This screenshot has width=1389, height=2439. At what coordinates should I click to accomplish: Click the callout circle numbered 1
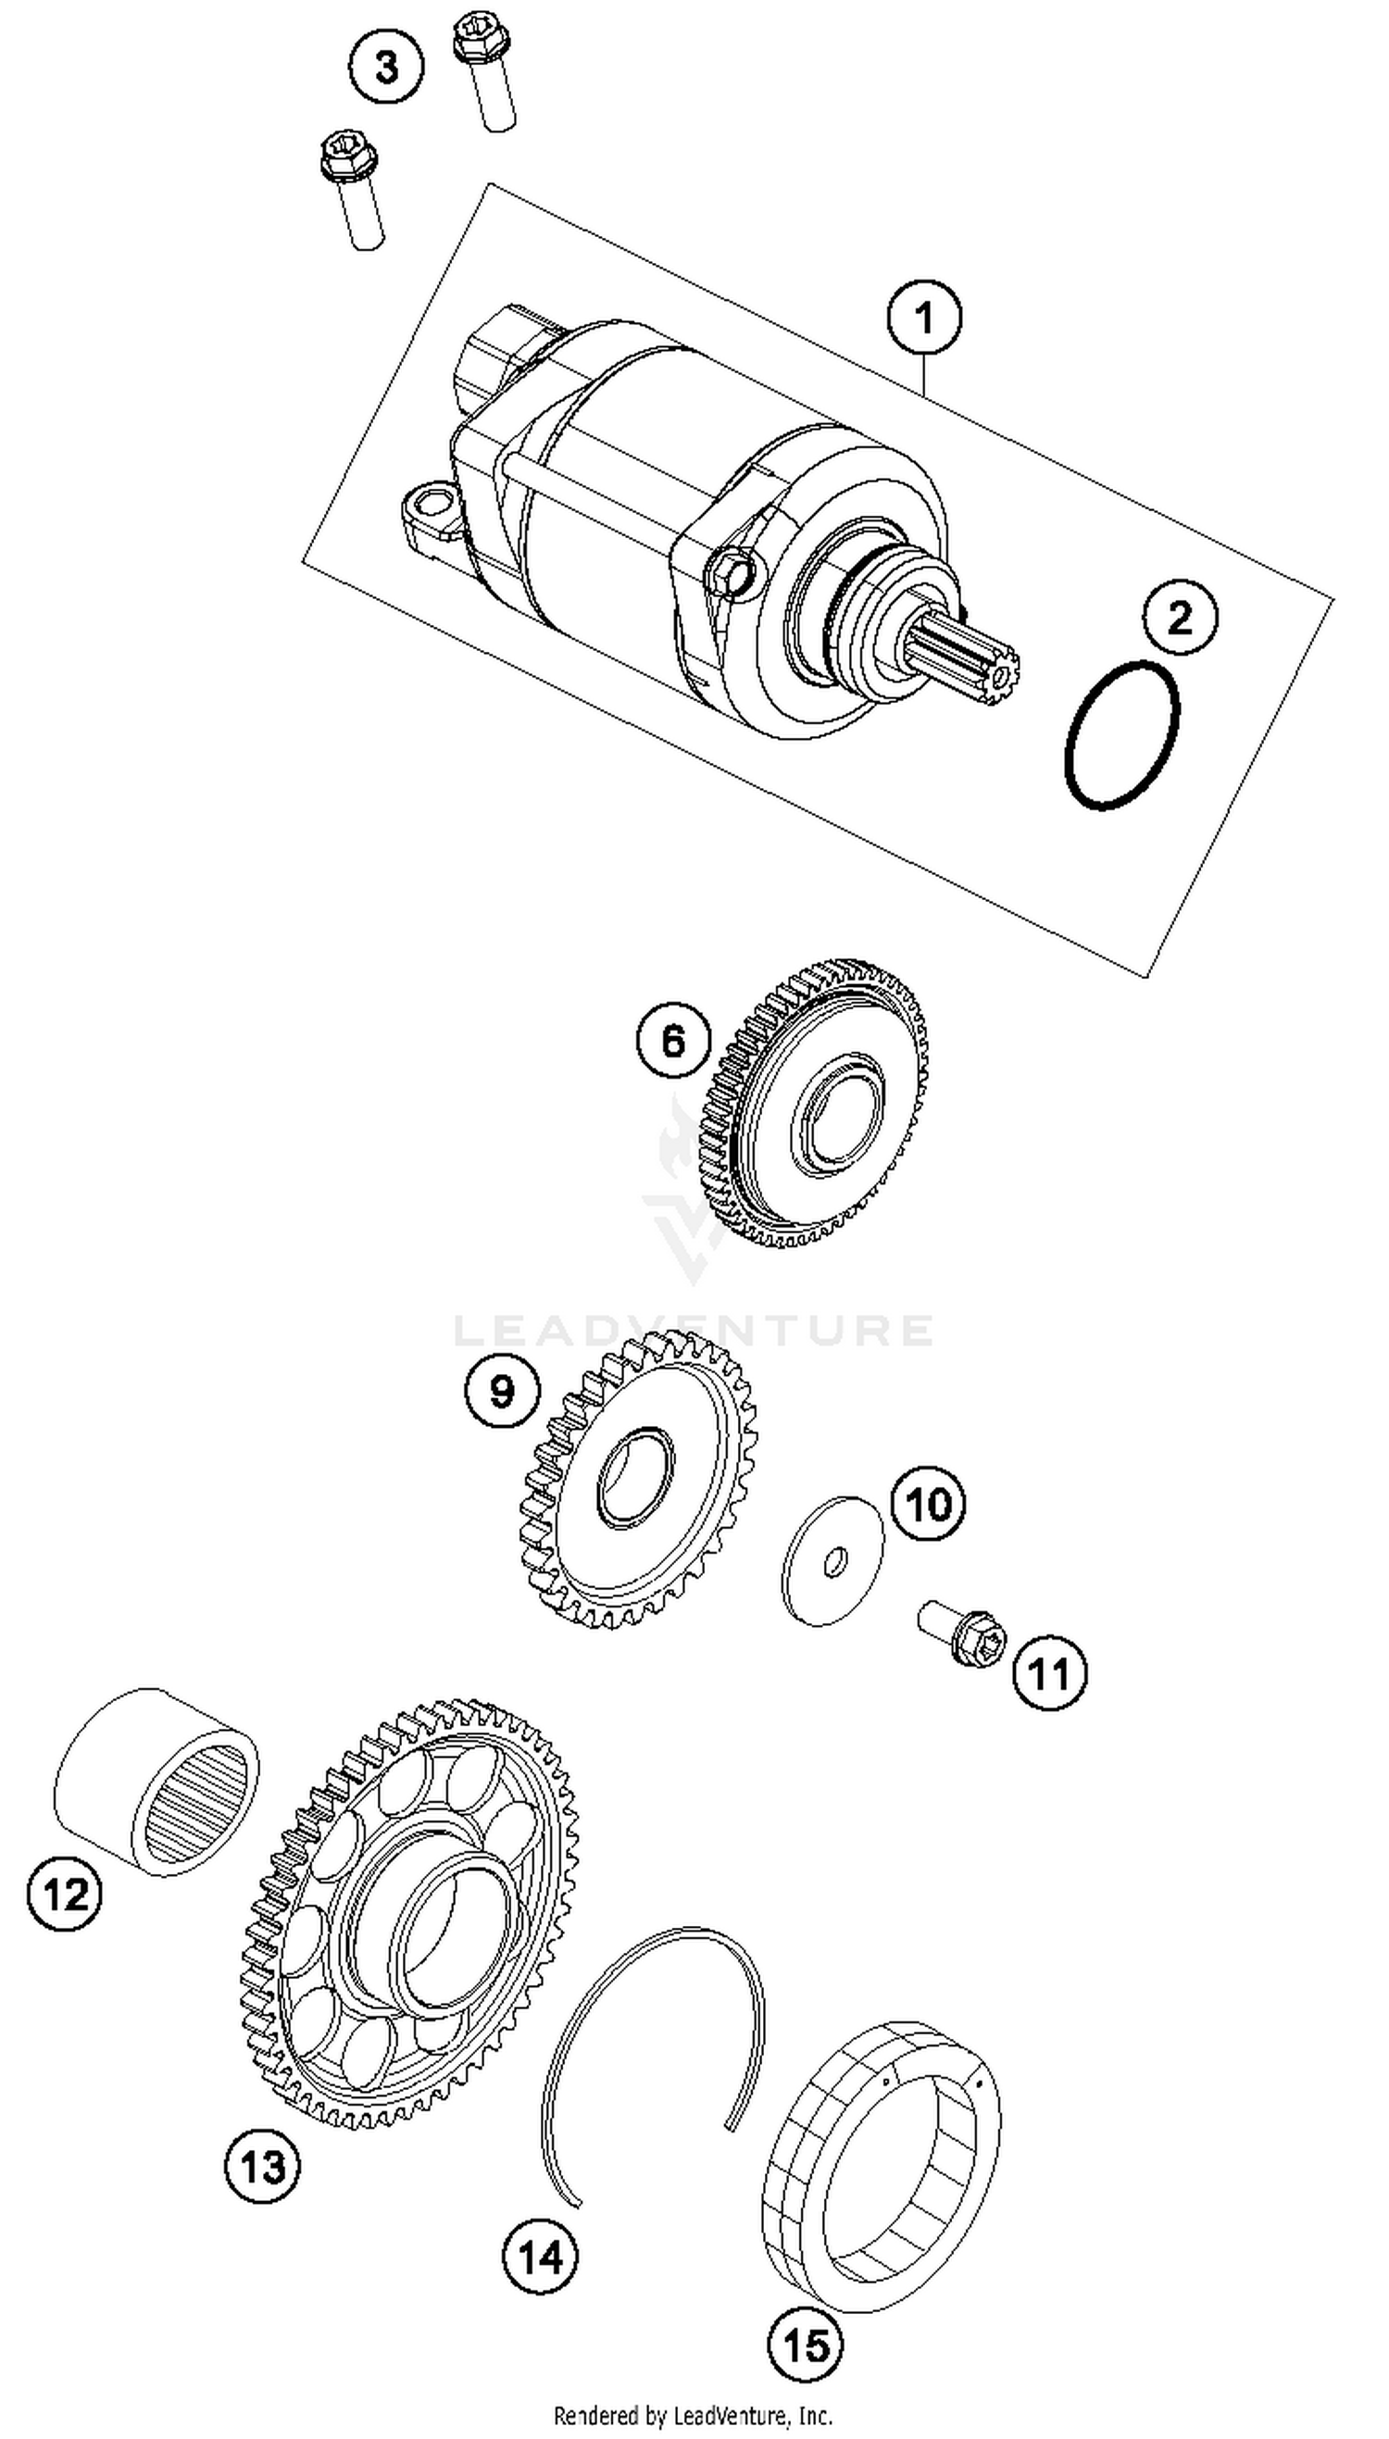pyautogui.click(x=923, y=318)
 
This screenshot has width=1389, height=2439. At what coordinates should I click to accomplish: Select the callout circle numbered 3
pyautogui.click(x=385, y=68)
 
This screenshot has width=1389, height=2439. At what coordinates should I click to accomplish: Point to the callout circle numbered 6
pyautogui.click(x=673, y=1041)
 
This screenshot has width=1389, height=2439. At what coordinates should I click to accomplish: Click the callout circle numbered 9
pyautogui.click(x=502, y=1392)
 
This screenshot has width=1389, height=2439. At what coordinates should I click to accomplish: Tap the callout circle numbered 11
pyautogui.click(x=1049, y=1673)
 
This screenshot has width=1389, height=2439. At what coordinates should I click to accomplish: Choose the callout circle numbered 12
pyautogui.click(x=65, y=1894)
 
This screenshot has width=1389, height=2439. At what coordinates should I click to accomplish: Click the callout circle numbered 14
pyautogui.click(x=540, y=2258)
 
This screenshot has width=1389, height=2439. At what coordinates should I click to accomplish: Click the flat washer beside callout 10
pyautogui.click(x=832, y=1560)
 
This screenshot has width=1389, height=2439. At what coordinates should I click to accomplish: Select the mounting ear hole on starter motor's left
pyautogui.click(x=435, y=502)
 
